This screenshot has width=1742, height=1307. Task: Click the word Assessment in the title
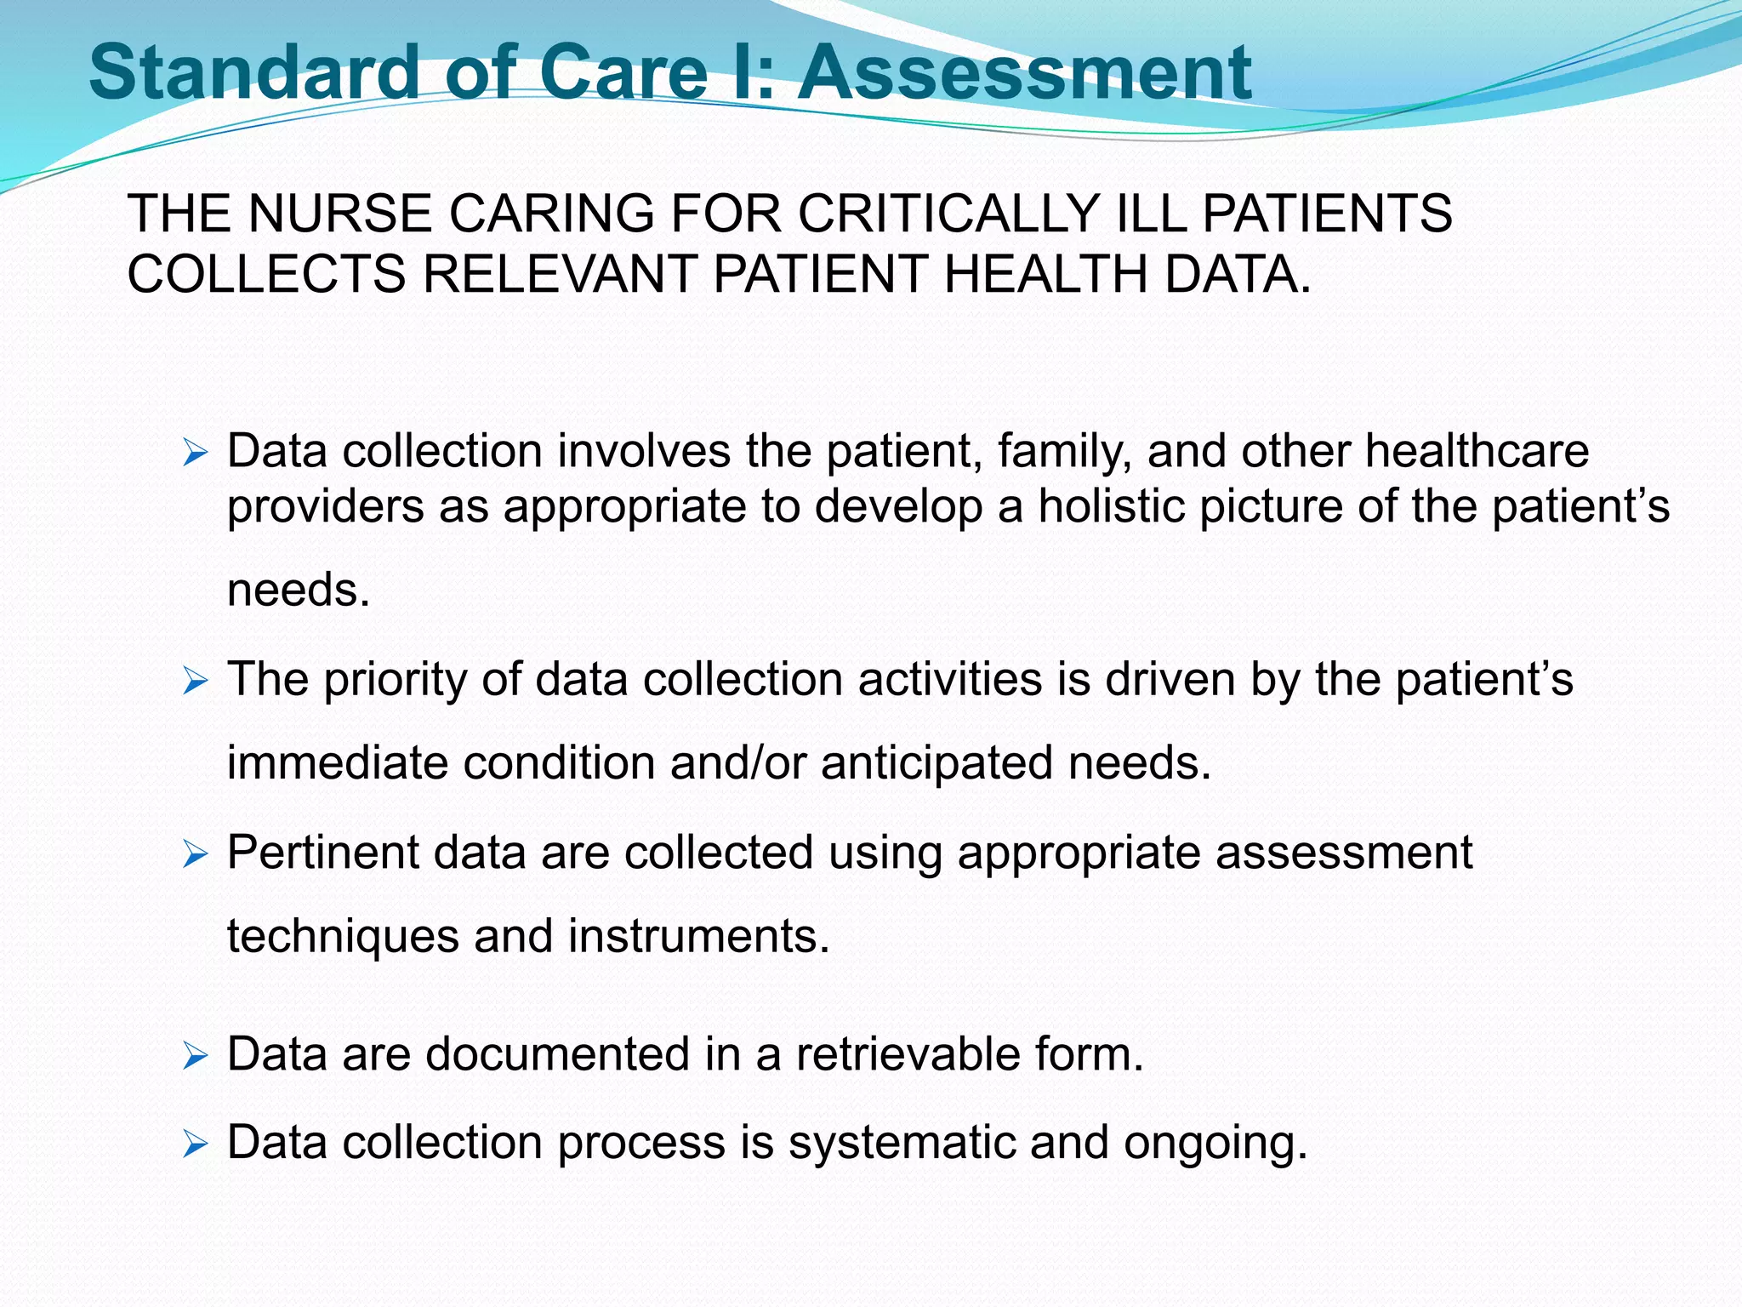[1024, 72]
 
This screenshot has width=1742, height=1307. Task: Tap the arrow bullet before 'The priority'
[195, 681]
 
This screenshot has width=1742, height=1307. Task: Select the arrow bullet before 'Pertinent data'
[195, 854]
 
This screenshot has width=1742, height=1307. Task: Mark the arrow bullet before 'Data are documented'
[195, 1057]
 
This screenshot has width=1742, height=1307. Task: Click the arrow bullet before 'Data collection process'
[195, 1144]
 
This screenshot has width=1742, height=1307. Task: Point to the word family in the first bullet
[1065, 451]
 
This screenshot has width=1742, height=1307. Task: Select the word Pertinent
[323, 853]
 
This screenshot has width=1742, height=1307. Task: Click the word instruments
[698, 936]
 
